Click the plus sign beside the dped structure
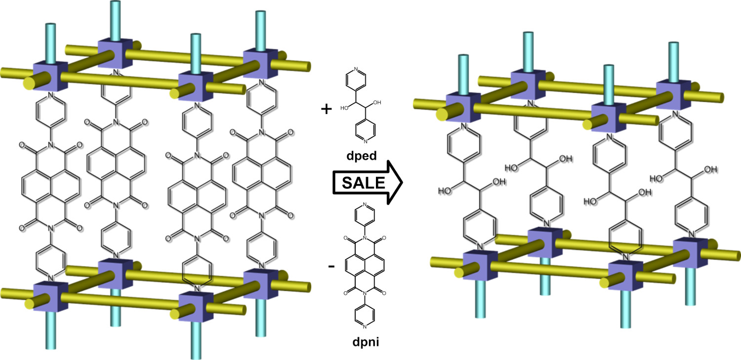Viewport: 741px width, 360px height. point(326,109)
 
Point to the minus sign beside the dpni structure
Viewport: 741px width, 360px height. point(331,267)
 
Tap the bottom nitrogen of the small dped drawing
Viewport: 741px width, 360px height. point(365,142)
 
